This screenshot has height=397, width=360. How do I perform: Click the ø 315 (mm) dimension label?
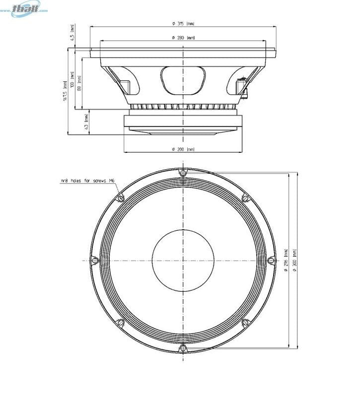pos(183,23)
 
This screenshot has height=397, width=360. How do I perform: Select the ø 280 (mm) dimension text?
pos(183,38)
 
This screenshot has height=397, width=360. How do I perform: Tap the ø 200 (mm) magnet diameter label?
pos(183,149)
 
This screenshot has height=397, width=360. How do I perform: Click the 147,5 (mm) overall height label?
pos(64,91)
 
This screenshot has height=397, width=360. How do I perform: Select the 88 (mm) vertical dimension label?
pos(80,80)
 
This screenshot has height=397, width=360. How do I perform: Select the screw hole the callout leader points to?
pos(120,198)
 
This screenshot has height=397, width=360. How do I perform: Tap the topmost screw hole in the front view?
pos(183,173)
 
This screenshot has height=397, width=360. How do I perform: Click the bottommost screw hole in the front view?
pos(183,348)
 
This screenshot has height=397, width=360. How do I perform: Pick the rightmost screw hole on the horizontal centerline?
pos(271,260)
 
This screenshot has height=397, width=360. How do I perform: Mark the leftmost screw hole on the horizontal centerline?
pos(95,260)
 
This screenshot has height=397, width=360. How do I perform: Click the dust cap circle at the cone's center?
pos(183,260)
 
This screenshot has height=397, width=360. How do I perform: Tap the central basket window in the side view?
pos(183,80)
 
